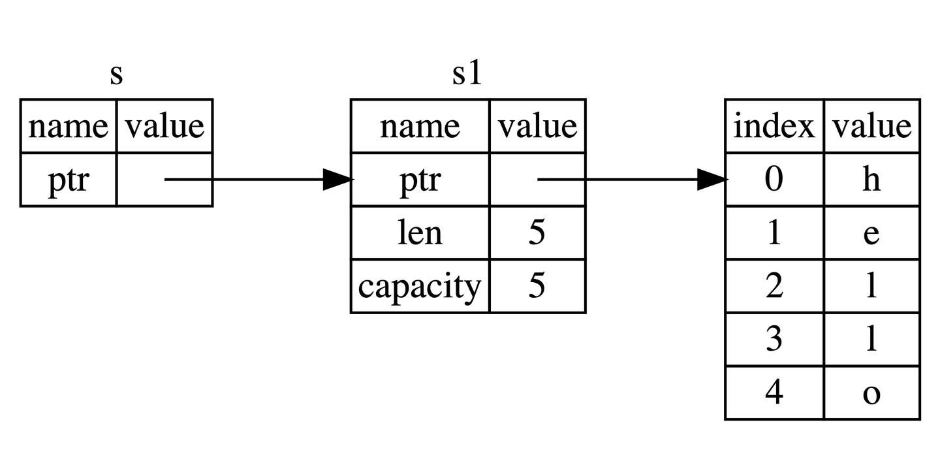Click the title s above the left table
pyautogui.click(x=116, y=75)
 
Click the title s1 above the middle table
pyautogui.click(x=467, y=74)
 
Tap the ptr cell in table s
pyautogui.click(x=68, y=180)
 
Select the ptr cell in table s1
pyautogui.click(x=420, y=180)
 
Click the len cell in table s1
pyautogui.click(x=420, y=233)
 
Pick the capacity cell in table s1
pyautogui.click(x=420, y=286)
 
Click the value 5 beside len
pyautogui.click(x=537, y=233)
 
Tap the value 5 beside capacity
pyautogui.click(x=537, y=286)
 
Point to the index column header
pyautogui.click(x=774, y=126)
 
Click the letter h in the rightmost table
pyautogui.click(x=871, y=180)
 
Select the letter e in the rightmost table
pyautogui.click(x=871, y=233)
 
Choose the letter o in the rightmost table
pyautogui.click(x=871, y=393)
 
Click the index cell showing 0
pyautogui.click(x=774, y=180)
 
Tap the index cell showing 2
pyautogui.click(x=774, y=287)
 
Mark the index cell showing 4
pyautogui.click(x=774, y=393)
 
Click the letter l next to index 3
pyautogui.click(x=871, y=340)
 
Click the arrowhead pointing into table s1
pyautogui.click(x=338, y=180)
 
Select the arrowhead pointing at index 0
pyautogui.click(x=712, y=180)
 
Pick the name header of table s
pyautogui.click(x=68, y=126)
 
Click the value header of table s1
pyautogui.click(x=537, y=126)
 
